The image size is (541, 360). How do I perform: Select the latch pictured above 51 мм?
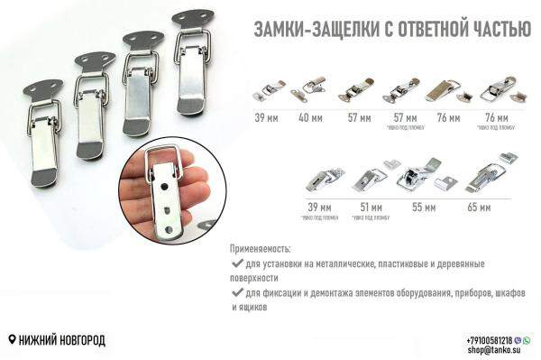[x=370, y=178]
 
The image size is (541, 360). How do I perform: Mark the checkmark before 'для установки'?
[x=236, y=263]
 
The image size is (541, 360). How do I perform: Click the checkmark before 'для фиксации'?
[x=236, y=293]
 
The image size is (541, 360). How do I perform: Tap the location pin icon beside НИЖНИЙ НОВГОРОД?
[x=11, y=340]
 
